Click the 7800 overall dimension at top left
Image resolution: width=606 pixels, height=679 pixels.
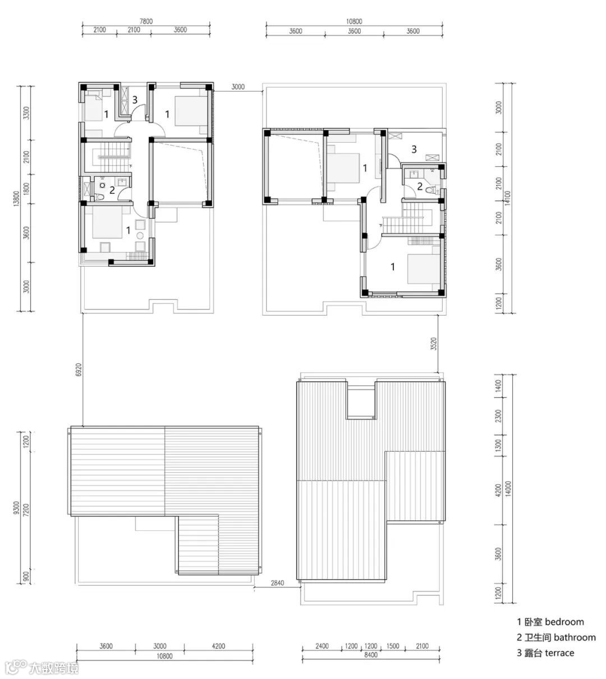point(146,21)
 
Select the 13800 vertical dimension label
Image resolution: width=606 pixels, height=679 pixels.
point(16,199)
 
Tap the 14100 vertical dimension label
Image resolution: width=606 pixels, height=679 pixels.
point(508,198)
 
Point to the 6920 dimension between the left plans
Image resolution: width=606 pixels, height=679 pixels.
point(79,370)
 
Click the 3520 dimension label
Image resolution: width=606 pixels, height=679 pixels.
point(434,344)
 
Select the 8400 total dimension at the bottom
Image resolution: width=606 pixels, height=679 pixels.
point(371,654)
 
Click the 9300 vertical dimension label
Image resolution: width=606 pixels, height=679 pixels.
point(16,508)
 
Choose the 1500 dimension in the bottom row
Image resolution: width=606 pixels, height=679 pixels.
point(393,646)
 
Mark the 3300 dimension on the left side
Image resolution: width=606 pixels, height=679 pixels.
point(26,113)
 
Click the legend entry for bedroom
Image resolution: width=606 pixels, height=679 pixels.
point(550,622)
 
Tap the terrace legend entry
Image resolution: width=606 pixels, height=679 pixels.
point(545,653)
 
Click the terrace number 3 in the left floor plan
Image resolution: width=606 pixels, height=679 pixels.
point(135,99)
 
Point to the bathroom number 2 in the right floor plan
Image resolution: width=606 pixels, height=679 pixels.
point(420,186)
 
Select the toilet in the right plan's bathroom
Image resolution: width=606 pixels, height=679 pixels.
point(431,190)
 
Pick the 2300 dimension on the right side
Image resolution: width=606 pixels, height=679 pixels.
point(498,416)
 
